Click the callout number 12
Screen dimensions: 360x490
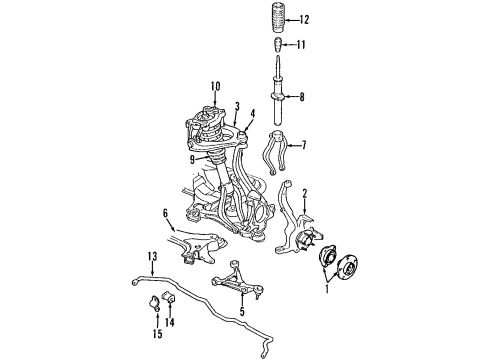coord(304,19)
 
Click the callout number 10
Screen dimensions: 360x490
coord(214,85)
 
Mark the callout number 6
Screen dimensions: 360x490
coord(165,212)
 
